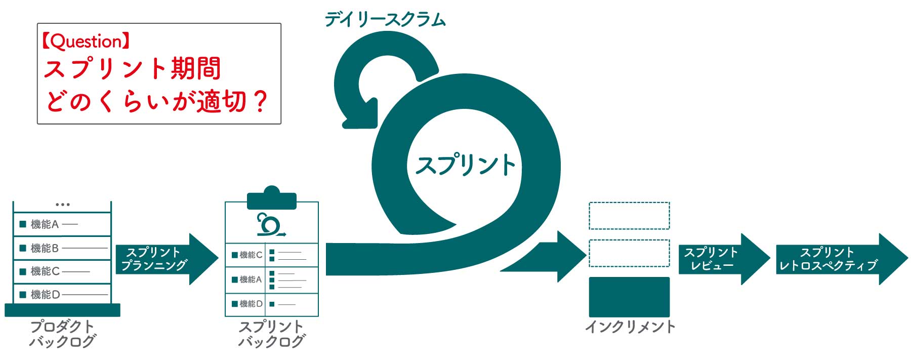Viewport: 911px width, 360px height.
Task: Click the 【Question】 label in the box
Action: point(86,42)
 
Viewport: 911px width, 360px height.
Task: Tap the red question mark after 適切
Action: point(260,101)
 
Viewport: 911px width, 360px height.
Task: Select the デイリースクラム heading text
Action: point(385,20)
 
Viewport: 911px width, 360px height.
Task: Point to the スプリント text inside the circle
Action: point(465,165)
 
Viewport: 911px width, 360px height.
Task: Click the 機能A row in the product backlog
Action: point(62,224)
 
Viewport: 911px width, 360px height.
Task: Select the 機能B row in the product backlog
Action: point(62,248)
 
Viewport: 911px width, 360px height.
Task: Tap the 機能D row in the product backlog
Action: point(62,294)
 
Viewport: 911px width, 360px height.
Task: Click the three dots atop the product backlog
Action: point(62,205)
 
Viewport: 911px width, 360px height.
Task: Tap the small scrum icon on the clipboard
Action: point(270,225)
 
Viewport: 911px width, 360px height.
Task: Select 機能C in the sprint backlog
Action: point(247,255)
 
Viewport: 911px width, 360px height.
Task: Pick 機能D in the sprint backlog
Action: point(247,304)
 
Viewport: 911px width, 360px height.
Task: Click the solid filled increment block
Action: point(629,297)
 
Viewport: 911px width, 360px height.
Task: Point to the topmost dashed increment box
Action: point(629,216)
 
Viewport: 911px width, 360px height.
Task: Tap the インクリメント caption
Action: point(630,327)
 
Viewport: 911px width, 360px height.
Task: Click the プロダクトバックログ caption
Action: point(62,334)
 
